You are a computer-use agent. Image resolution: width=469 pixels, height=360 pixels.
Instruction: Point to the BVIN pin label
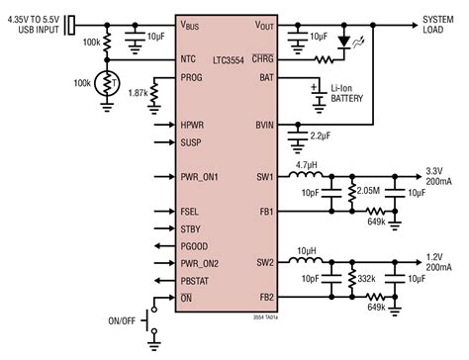click(x=263, y=127)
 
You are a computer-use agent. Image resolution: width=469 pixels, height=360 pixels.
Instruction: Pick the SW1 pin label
click(x=264, y=177)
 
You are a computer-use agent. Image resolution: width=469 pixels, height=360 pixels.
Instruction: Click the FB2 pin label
click(x=264, y=296)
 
